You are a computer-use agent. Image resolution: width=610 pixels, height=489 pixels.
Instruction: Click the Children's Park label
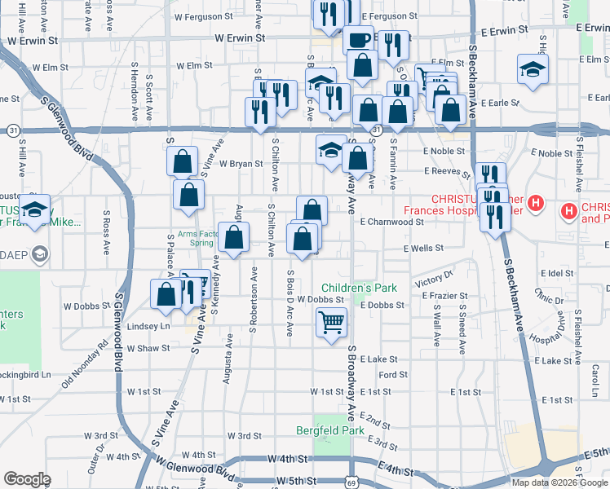click(359, 288)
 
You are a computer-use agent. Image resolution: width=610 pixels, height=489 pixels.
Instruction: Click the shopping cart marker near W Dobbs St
click(331, 323)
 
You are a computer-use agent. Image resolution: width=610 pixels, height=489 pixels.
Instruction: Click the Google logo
click(27, 479)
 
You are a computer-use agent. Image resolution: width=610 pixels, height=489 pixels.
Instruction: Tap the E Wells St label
click(422, 248)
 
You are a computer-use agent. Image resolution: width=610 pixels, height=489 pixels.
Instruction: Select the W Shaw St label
click(148, 348)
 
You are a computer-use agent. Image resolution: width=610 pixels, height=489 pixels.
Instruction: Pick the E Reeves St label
click(447, 171)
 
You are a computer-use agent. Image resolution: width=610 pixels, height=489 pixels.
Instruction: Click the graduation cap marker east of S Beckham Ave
click(533, 71)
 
